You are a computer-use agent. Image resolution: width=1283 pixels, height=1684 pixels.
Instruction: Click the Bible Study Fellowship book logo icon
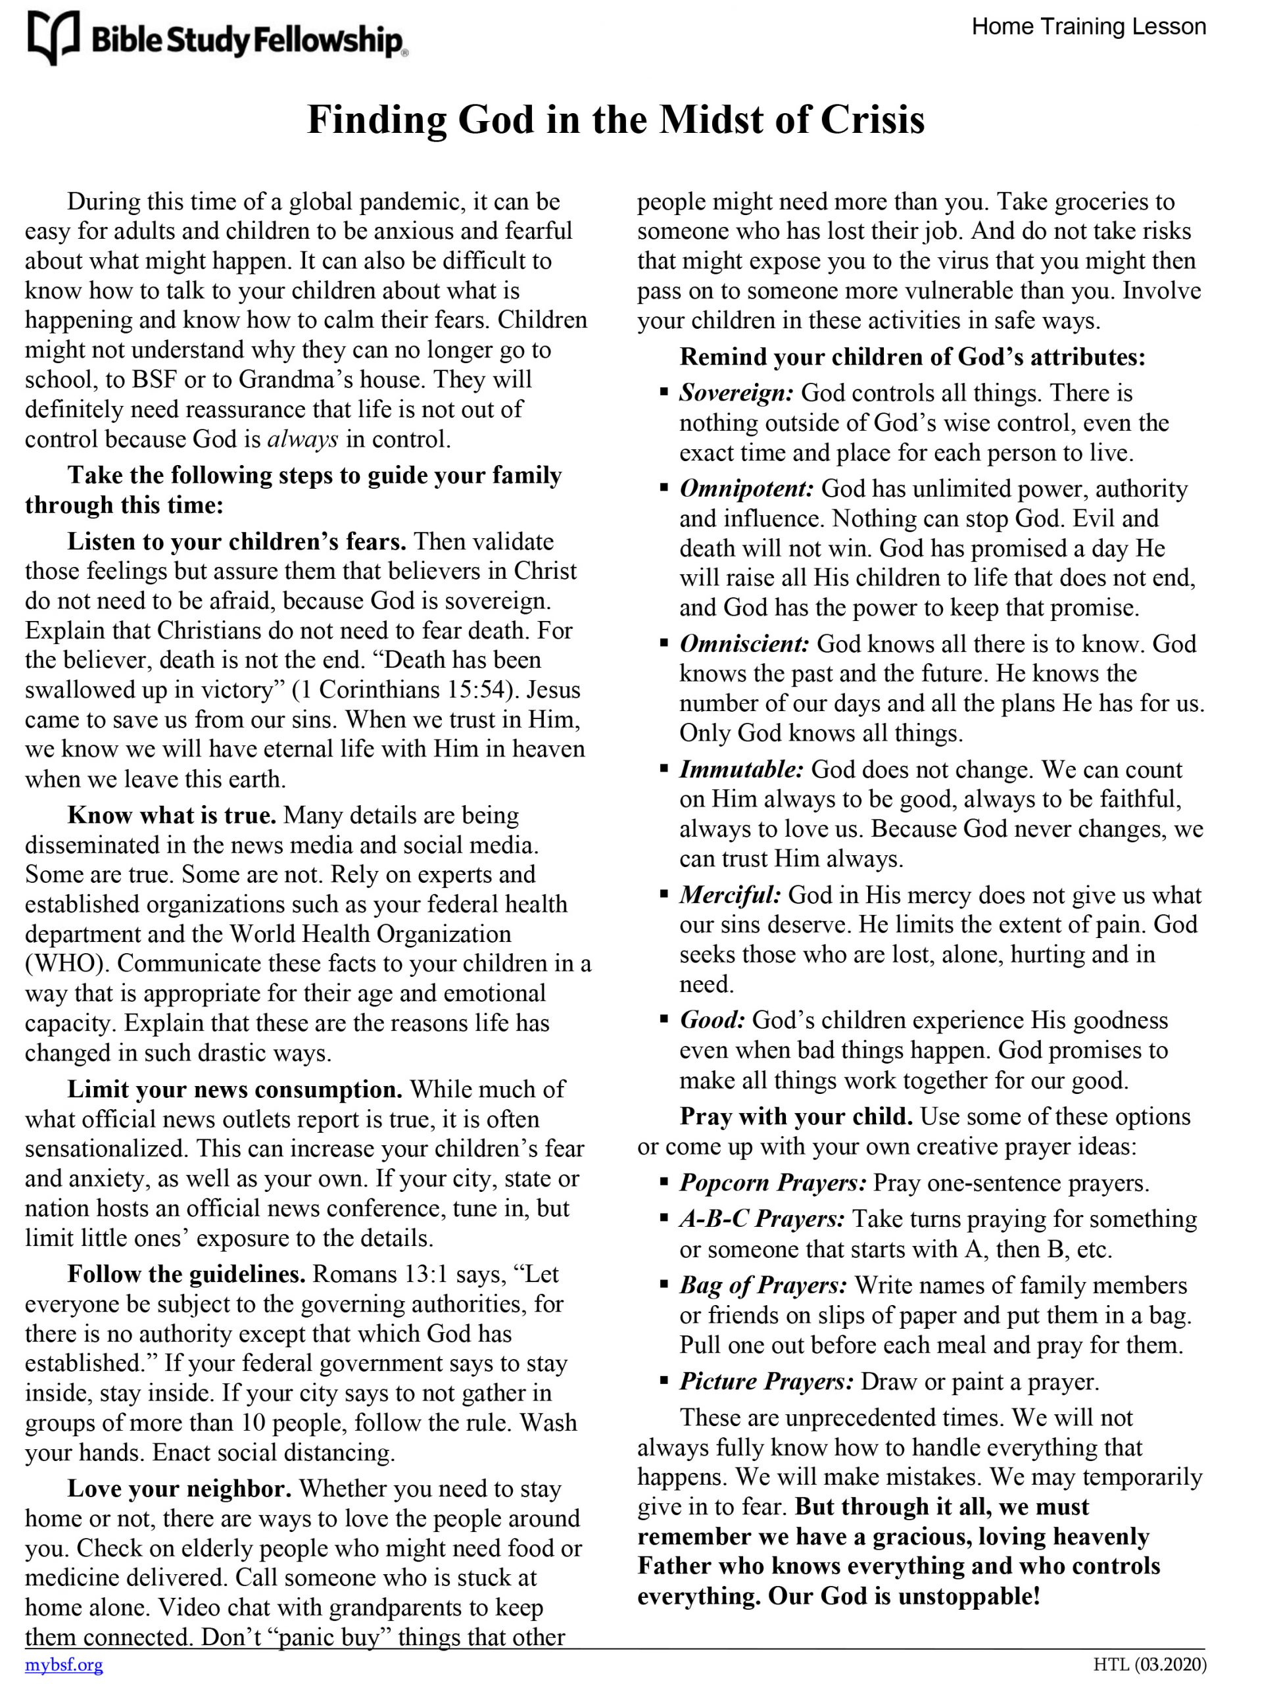coord(53,37)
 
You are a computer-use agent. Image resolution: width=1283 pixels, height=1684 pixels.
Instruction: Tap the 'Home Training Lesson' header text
coord(1088,27)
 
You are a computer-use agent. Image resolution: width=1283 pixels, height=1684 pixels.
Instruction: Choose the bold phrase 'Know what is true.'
coord(172,816)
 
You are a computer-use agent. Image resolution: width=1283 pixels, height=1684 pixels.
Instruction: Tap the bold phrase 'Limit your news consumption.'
coord(235,1089)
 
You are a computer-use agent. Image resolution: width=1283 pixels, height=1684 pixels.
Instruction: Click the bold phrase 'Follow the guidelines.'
coord(186,1274)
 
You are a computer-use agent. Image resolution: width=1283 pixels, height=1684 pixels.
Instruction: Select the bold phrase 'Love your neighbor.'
coord(180,1489)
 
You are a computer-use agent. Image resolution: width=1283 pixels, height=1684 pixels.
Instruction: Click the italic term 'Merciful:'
coord(730,895)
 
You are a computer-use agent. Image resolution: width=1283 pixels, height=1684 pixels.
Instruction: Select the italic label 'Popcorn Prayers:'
coord(773,1183)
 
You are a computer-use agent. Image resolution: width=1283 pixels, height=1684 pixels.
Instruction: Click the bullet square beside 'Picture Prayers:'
coord(664,1381)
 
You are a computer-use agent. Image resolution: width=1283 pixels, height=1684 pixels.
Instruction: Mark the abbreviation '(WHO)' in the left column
coord(67,964)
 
